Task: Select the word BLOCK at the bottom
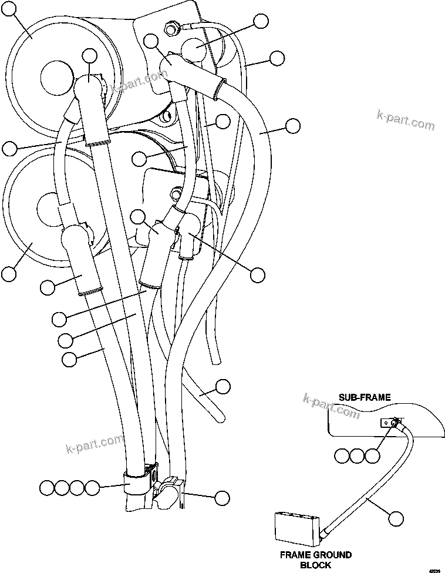point(316,565)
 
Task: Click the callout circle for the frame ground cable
point(397,518)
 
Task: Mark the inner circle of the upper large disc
point(58,75)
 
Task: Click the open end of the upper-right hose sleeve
point(218,89)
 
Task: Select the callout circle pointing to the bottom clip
point(221,498)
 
